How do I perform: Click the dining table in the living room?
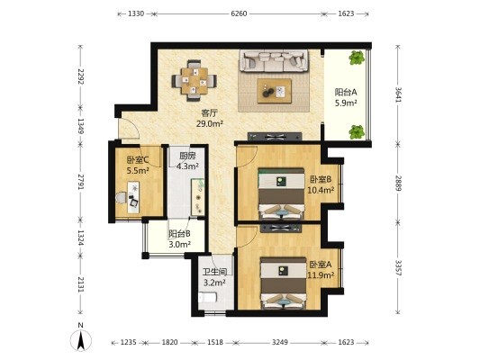195,81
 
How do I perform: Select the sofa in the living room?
274,60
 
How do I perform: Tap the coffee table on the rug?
275,91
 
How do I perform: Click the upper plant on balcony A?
357,58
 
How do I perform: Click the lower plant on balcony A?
357,131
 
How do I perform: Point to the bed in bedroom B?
281,193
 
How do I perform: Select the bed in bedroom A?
283,283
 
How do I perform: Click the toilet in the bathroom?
207,297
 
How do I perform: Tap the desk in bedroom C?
133,197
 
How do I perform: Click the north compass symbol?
81,340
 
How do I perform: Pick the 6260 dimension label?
239,13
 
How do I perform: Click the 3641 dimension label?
398,95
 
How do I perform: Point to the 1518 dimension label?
215,342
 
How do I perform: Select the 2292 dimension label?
81,76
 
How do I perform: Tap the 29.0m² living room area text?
210,123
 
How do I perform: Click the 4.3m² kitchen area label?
187,166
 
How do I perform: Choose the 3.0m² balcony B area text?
180,244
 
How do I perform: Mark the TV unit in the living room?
275,136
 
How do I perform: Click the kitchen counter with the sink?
198,197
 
